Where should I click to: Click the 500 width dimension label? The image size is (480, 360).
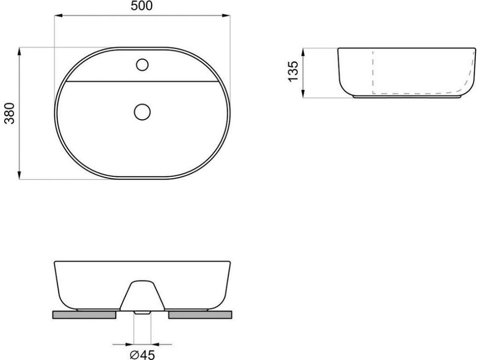pyautogui.click(x=142, y=6)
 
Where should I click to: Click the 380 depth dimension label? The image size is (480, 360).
pyautogui.click(x=10, y=113)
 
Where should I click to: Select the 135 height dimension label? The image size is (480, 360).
pyautogui.click(x=293, y=71)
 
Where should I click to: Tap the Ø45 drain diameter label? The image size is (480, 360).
pyautogui.click(x=142, y=354)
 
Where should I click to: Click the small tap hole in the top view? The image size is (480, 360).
pyautogui.click(x=142, y=65)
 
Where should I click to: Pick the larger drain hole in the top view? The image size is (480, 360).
pyautogui.click(x=142, y=112)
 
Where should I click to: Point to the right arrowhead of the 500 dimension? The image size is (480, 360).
pyautogui.click(x=226, y=15)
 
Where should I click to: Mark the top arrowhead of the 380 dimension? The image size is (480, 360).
pyautogui.click(x=20, y=52)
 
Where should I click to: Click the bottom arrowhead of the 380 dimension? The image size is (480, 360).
pyautogui.click(x=20, y=175)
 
